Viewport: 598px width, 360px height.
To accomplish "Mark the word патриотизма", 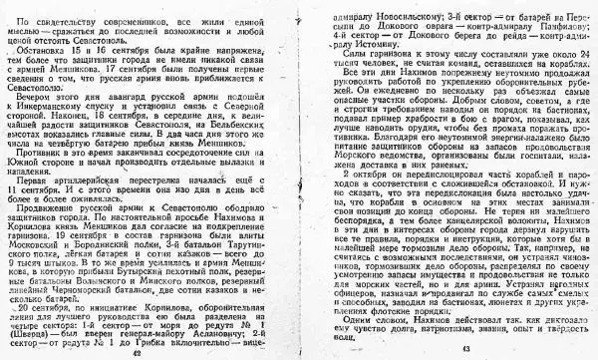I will [430, 335].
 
